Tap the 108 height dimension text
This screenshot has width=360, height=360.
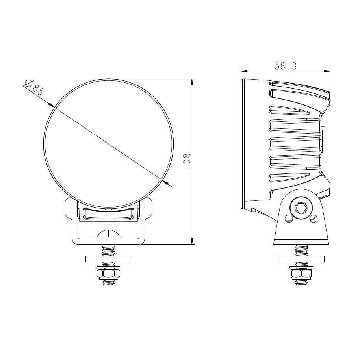[x=187, y=160]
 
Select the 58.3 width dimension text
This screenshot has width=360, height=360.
[x=286, y=66]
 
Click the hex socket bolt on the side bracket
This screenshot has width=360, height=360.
[x=301, y=208]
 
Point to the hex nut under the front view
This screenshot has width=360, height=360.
[x=108, y=274]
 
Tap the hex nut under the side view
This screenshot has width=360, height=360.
[x=301, y=274]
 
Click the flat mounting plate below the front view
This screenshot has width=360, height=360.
[x=109, y=259]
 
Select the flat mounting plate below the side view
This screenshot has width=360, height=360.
[x=301, y=259]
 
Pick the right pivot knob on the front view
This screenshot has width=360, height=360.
[x=149, y=208]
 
